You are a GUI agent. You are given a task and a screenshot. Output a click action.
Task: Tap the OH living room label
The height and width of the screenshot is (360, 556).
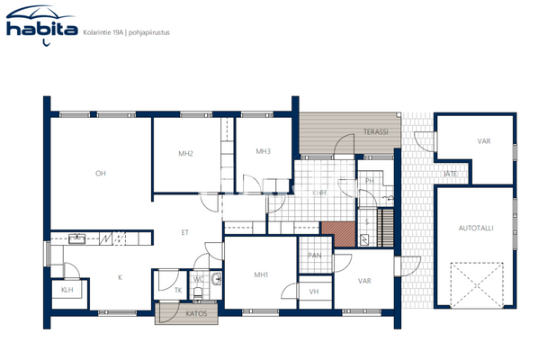coord(101,174)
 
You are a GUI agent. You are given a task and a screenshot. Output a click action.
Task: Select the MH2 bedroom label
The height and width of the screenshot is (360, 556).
coord(186,154)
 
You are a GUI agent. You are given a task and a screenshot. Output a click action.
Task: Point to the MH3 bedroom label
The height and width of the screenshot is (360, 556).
coord(263,151)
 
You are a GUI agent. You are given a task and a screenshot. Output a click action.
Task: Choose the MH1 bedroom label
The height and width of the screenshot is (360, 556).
coord(261,274)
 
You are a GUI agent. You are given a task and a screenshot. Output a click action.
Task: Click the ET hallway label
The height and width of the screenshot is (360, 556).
coord(184,232)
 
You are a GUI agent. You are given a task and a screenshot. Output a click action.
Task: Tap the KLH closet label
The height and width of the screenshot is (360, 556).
coord(67,291)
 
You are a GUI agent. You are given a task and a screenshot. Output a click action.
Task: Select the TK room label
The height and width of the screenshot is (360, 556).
coord(177,290)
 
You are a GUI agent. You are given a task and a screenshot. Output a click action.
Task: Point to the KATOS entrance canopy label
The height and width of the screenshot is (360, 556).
coord(197,314)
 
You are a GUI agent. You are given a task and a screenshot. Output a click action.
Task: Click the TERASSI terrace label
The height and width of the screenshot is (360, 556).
coord(375,132)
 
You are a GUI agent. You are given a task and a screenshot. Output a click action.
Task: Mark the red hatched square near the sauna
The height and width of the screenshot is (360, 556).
coord(340,233)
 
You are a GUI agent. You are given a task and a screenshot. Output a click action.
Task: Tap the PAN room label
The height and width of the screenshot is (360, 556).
coord(314,256)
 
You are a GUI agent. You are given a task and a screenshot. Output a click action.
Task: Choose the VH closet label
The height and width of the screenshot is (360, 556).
coord(313,292)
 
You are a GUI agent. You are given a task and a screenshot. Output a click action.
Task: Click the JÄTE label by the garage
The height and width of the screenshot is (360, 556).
coord(448,174)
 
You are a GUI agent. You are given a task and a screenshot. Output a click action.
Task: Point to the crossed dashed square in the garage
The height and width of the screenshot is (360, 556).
coord(473,283)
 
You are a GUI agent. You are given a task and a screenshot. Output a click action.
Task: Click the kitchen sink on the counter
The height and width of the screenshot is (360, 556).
coord(77,238)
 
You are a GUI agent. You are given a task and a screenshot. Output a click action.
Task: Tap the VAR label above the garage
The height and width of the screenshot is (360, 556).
coord(484,141)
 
